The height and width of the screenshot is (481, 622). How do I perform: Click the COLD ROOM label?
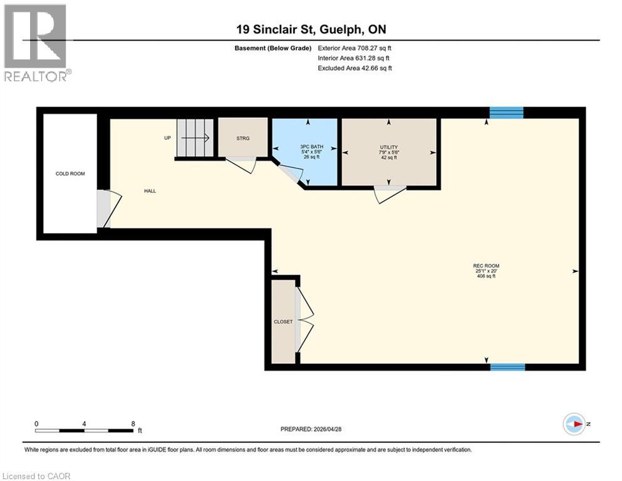click(x=70, y=173)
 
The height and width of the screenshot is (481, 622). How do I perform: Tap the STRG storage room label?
click(x=243, y=138)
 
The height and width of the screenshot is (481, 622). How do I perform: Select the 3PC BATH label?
click(x=312, y=147)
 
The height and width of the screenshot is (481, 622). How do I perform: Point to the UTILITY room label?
click(x=389, y=147)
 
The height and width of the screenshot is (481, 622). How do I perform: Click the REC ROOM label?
click(x=486, y=266)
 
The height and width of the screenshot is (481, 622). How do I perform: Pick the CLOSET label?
click(x=283, y=322)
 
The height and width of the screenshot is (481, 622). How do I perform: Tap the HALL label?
click(x=150, y=191)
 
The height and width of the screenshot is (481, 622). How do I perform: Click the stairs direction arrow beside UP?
click(x=195, y=138)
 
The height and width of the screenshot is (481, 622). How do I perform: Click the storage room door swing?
click(x=242, y=165)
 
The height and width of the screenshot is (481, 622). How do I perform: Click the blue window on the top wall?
click(x=507, y=113)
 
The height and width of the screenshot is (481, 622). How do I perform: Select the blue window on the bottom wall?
click(x=508, y=367)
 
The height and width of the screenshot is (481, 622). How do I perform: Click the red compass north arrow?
click(x=579, y=424)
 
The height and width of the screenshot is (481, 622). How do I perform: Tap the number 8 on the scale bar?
click(x=133, y=424)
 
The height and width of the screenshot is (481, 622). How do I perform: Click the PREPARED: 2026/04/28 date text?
click(x=311, y=429)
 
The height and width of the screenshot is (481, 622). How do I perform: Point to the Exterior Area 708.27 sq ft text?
click(x=355, y=48)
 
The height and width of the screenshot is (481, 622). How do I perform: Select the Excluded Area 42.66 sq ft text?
click(x=355, y=68)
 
